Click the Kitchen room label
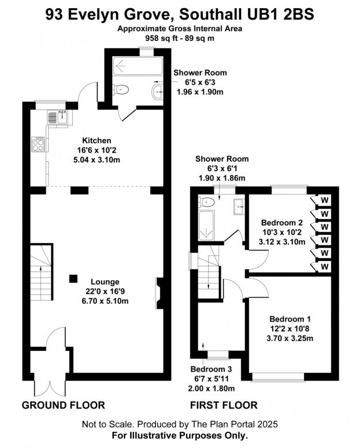pyautogui.click(x=97, y=140)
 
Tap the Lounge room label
pyautogui.click(x=105, y=282)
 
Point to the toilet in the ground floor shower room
pyautogui.click(x=121, y=89)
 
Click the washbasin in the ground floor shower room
pyautogui.click(x=157, y=92)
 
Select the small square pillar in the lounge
pyautogui.click(x=74, y=278)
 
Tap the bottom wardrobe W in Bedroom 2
pyautogui.click(x=325, y=267)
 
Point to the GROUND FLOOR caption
pyautogui.click(x=63, y=405)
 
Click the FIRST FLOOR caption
pyautogui.click(x=224, y=405)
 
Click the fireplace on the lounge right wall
pyautogui.click(x=159, y=293)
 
